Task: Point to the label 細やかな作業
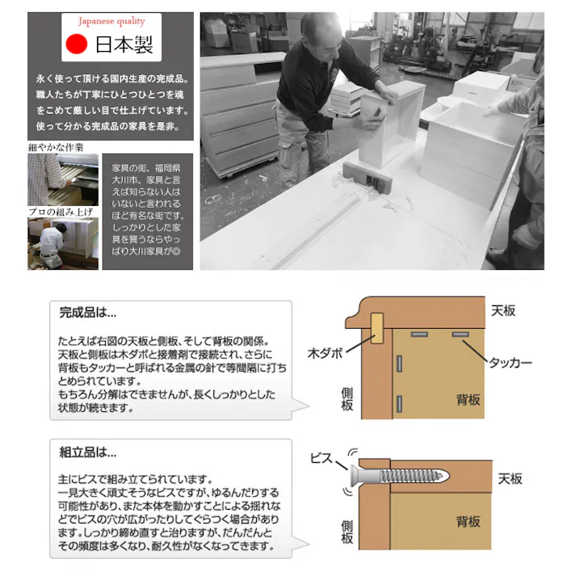56,147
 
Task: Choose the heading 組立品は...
88,452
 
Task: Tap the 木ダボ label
326,353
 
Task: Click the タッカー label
510,364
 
